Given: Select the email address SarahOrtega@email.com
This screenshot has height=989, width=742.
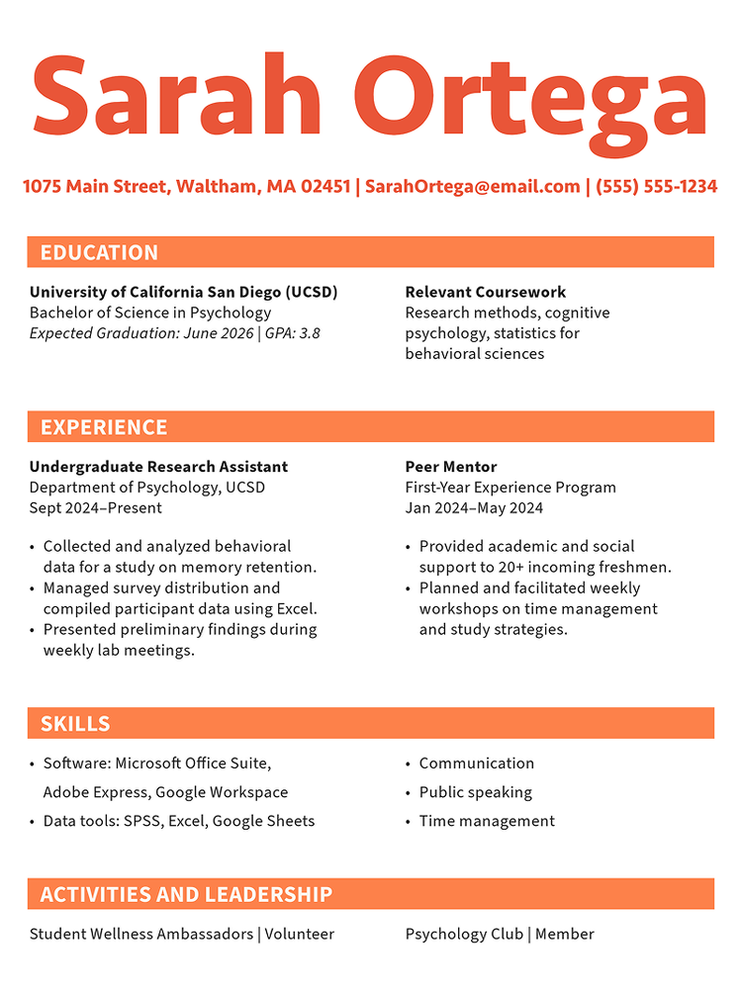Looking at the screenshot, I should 472,186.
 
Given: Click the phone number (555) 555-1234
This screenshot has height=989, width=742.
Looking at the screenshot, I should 656,186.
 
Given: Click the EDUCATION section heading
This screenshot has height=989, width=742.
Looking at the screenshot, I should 99,252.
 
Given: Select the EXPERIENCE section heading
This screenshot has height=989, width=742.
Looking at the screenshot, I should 104,427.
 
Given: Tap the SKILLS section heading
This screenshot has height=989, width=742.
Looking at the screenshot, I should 75,724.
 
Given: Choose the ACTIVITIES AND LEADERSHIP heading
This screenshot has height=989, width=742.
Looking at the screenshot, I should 186,895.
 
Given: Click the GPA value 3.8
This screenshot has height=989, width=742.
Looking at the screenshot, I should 310,333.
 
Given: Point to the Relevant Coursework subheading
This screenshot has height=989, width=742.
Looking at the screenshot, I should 485,292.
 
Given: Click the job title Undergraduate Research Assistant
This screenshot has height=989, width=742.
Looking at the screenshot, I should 158,467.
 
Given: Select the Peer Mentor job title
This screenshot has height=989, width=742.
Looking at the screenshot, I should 451,467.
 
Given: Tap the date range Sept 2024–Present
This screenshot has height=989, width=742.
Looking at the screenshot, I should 96,508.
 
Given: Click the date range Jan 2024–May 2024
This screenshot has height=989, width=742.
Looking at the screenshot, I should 474,508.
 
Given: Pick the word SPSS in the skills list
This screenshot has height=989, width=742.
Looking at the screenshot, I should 143,821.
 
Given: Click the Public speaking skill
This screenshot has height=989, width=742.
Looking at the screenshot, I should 475,792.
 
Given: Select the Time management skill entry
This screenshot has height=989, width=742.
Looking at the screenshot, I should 487,821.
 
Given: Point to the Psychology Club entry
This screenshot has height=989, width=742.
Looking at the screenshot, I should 463,934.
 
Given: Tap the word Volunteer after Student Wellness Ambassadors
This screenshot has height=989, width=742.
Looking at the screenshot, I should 299,934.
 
